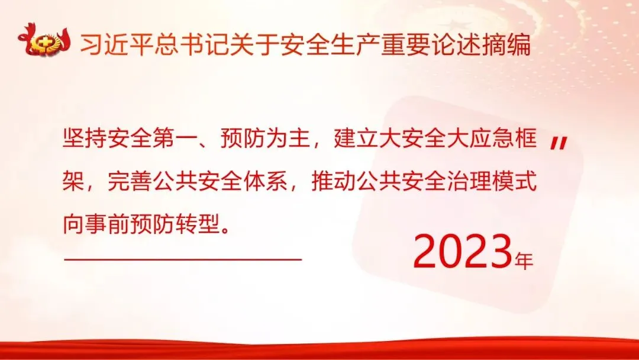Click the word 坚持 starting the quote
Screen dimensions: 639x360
click(x=85, y=137)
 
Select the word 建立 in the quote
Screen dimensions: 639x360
click(x=356, y=137)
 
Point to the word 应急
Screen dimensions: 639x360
click(x=492, y=137)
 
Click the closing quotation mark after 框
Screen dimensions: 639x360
click(x=559, y=143)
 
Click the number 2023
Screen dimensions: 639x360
click(x=463, y=252)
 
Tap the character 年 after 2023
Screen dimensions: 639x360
click(x=524, y=261)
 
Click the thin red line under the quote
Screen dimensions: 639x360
click(x=183, y=259)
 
